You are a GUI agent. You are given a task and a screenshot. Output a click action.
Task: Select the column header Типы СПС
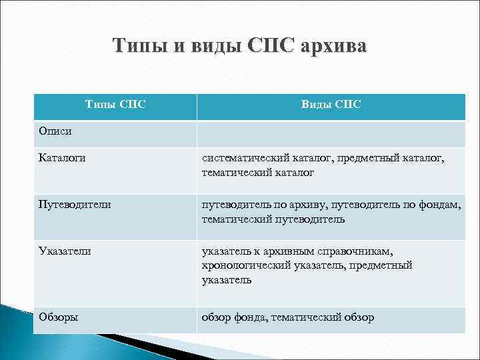pyautogui.click(x=116, y=104)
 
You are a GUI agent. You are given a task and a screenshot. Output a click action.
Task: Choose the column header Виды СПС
pyautogui.click(x=331, y=104)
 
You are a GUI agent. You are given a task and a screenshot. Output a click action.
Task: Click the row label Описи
pyautogui.click(x=53, y=131)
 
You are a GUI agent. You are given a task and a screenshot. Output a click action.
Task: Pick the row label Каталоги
pyautogui.click(x=62, y=158)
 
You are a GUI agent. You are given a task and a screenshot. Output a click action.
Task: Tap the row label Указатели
pyautogui.click(x=65, y=251)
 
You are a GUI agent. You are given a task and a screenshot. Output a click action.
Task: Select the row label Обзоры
pyautogui.click(x=58, y=317)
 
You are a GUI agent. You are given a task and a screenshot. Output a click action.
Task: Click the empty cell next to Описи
pyautogui.click(x=331, y=133)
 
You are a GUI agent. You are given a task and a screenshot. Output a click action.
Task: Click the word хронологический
pyautogui.click(x=246, y=265)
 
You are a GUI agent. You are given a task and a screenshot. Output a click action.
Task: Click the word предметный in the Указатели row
pyautogui.click(x=385, y=265)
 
